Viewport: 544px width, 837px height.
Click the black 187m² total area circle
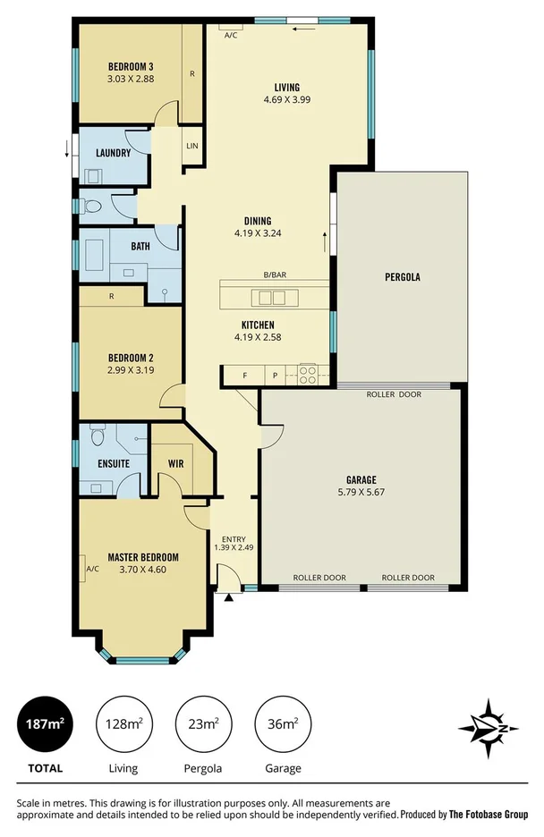(42, 723)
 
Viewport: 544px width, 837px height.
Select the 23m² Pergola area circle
(202, 723)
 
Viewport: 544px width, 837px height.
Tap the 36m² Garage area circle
(283, 723)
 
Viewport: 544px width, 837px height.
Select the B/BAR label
(275, 275)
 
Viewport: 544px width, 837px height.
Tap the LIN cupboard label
(191, 147)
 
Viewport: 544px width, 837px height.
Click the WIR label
(175, 464)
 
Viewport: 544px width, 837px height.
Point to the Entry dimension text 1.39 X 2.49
(234, 547)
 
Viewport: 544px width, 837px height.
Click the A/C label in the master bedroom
(92, 569)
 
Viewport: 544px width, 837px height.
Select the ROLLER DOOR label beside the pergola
(394, 393)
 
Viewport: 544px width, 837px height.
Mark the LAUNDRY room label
(113, 153)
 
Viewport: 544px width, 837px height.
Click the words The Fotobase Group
(489, 815)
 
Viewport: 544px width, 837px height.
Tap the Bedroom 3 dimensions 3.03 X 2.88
(131, 79)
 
